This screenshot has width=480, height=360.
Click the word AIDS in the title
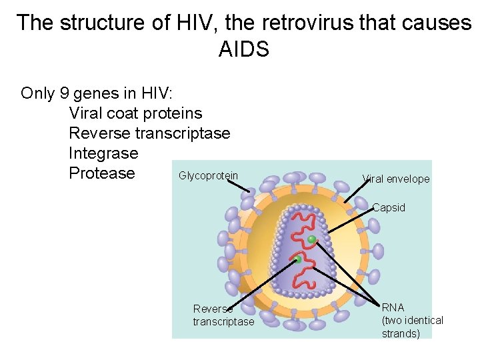pos(243,49)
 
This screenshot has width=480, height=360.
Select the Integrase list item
pos(103,153)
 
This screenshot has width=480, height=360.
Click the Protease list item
pos(101,173)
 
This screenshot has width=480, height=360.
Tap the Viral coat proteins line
pos(135,113)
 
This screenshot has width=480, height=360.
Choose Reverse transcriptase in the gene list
pos(149,133)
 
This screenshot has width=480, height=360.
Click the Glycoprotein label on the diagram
pos(208,176)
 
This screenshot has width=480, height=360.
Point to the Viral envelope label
pos(396,179)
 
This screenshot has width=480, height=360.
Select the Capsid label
pos(389,208)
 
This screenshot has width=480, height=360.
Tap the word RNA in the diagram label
pos(393,307)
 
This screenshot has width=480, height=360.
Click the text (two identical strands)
pos(412,327)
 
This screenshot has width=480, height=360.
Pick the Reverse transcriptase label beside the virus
pos(223,315)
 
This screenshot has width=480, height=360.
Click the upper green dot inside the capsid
pos(311,239)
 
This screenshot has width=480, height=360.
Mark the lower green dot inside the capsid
pos(297,260)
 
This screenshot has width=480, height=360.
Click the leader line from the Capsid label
pos(350,219)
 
